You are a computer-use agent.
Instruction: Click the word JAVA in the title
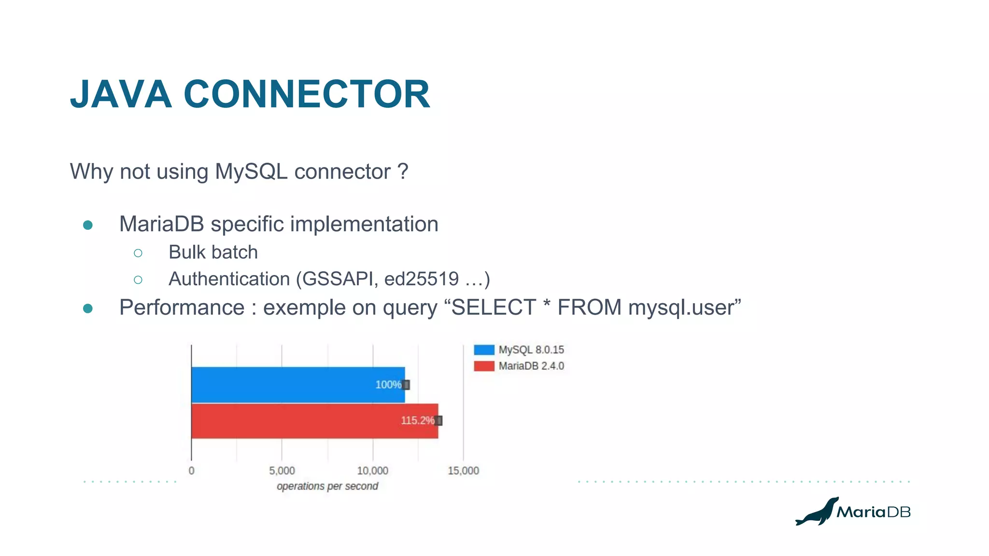(x=121, y=94)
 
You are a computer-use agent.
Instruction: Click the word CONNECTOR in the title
(x=307, y=94)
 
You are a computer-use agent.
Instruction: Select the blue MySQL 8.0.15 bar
(x=290, y=385)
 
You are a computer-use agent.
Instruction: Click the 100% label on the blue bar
(x=388, y=385)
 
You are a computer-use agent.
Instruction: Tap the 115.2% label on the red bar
(x=417, y=420)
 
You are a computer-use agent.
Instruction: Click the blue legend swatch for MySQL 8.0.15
(x=484, y=350)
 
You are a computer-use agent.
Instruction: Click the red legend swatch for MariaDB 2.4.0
(x=484, y=366)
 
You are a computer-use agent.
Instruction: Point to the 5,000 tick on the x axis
(x=282, y=471)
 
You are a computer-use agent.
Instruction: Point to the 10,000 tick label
(x=372, y=471)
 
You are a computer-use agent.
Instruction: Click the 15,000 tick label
(x=463, y=471)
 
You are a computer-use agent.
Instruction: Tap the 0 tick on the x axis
(x=192, y=471)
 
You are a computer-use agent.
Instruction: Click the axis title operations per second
(x=327, y=486)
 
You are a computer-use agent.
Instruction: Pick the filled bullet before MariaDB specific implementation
(x=88, y=225)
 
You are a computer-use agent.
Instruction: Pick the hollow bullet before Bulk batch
(x=138, y=253)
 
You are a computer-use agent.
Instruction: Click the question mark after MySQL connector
(x=403, y=172)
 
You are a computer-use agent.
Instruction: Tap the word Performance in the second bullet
(x=182, y=308)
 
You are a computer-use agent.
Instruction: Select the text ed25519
(x=421, y=279)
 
